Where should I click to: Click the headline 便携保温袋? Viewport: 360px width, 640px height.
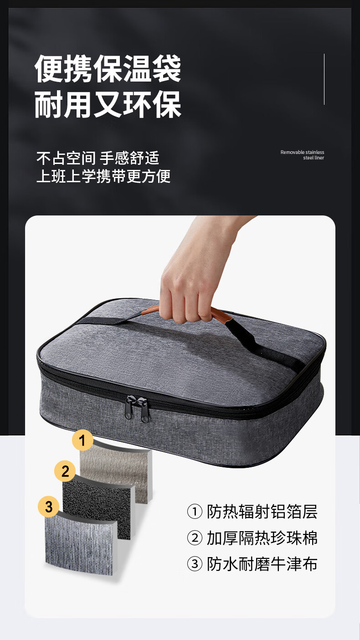coord(108,69)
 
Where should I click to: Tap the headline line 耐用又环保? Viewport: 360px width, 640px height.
coord(108,104)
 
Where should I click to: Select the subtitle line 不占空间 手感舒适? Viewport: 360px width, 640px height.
coord(98,158)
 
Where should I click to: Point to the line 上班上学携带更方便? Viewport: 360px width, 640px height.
coord(103,176)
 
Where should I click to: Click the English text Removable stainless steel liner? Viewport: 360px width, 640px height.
coord(302,155)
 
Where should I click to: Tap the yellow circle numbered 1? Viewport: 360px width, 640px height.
coord(82,440)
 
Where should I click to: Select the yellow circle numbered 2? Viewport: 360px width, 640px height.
coord(65,471)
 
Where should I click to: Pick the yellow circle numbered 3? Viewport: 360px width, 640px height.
coord(49,507)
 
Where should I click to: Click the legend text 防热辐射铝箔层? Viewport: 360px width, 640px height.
coord(262,512)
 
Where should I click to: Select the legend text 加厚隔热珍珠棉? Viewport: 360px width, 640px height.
coord(262,538)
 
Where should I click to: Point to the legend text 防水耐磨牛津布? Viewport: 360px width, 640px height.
coord(262,564)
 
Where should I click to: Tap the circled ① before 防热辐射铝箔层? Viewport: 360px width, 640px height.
coord(195,512)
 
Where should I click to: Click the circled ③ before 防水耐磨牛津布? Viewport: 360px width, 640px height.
coord(195,564)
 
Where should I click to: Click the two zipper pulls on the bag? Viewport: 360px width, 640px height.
coord(137,409)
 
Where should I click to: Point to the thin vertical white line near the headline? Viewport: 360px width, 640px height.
coord(324,79)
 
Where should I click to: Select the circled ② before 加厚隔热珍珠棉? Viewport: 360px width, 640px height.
coord(195,538)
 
